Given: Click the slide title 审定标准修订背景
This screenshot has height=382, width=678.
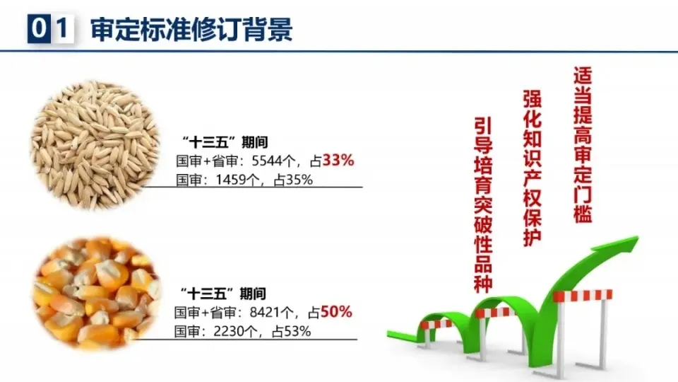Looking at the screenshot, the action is coord(191,30).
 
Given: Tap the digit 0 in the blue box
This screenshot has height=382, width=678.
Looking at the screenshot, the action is coord(39,28).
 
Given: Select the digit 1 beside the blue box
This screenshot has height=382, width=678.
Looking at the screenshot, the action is coord(63,28).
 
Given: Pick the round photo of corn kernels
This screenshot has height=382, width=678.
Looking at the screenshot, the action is coord(97,293).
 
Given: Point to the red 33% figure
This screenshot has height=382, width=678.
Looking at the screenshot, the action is coord(338,161).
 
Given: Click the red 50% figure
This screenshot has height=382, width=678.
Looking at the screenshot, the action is coord(336,312).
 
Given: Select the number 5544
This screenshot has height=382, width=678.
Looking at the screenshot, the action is coord(266,161).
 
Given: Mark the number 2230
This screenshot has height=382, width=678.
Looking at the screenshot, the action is coord(228,332).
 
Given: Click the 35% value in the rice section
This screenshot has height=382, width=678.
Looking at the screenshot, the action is coord(298,180).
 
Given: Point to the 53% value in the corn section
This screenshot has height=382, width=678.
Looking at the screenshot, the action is coord(297,332).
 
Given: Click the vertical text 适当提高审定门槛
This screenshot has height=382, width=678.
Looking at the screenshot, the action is coord(583,144).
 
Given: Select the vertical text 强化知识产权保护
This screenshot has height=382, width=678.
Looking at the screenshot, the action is coord(533,168).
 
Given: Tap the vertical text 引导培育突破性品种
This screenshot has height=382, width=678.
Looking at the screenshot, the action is coord(483,204).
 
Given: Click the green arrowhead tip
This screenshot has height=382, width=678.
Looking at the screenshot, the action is coord(638,237).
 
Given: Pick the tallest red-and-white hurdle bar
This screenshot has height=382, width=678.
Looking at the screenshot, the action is coord(582,296).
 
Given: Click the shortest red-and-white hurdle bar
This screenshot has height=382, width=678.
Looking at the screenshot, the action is coord(436,324).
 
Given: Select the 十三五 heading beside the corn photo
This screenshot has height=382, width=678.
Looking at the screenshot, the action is coord(223,294).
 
